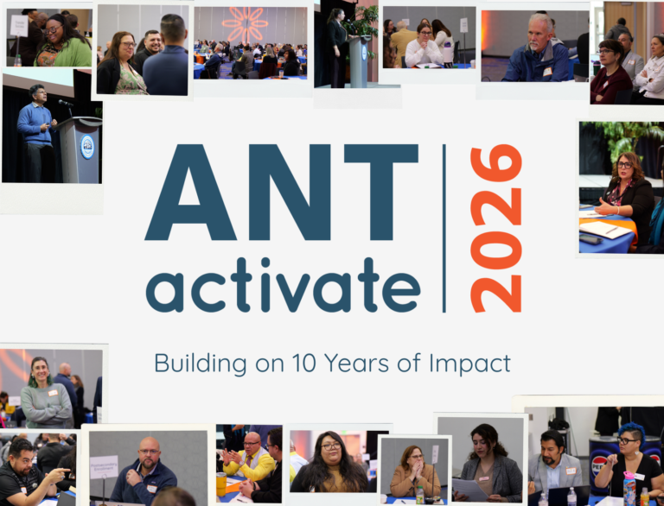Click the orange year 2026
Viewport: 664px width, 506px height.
coord(495,228)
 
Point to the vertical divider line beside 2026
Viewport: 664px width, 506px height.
coord(444,228)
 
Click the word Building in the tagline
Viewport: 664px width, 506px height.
coord(195,363)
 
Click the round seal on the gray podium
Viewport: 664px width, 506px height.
coord(87,146)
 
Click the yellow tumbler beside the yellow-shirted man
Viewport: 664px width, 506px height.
coord(221,484)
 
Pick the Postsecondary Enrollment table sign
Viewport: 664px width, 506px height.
coord(104,466)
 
